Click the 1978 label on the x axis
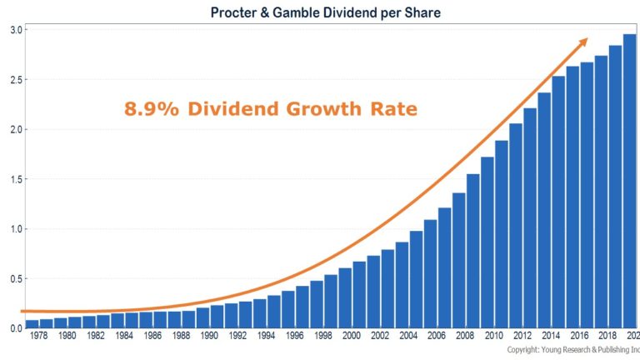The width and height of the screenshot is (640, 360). (x=38, y=337)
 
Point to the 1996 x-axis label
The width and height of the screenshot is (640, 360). (x=294, y=337)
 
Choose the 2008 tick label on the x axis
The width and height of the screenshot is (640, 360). (x=465, y=337)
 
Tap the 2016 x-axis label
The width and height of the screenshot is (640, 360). (x=579, y=337)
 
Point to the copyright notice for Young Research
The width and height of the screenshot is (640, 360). (x=573, y=351)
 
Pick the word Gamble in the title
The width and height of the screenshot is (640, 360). (x=330, y=12)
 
